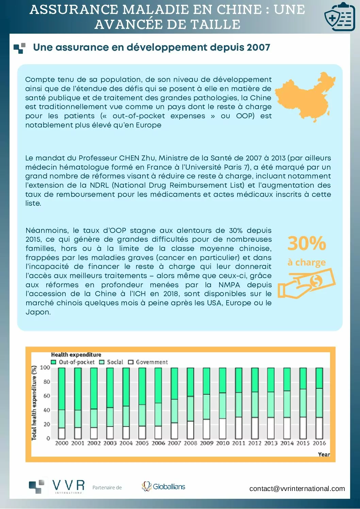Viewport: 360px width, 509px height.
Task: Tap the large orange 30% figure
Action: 307,243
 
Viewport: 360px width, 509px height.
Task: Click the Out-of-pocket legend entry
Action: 73,362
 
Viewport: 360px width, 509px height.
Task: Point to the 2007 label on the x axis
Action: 174,443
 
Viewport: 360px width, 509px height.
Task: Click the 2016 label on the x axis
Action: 319,443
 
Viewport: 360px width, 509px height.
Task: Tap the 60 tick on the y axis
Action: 47,396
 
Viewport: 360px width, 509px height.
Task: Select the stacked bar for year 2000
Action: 62,403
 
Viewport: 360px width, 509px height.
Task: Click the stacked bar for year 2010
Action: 223,403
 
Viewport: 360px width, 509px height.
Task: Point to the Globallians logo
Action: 164,487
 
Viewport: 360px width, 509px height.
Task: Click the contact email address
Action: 297,489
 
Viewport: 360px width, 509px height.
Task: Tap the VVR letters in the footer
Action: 69,485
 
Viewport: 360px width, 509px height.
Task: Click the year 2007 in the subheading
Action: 258,47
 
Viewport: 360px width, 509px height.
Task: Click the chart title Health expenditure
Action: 76,355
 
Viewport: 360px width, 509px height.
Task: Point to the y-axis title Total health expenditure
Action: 34,403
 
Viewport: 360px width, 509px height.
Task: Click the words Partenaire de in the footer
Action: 107,488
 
